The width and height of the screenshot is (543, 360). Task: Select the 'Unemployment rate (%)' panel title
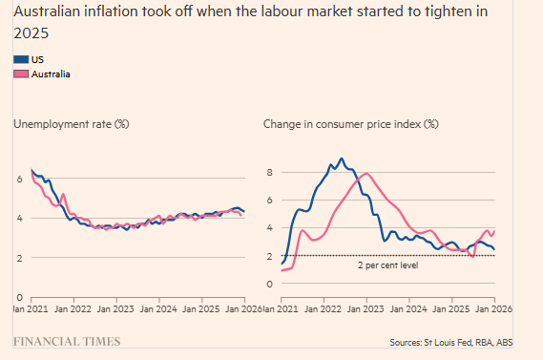coord(71,124)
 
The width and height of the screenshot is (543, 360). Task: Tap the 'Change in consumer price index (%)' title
coord(350,124)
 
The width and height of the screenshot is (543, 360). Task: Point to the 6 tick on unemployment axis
coord(19,179)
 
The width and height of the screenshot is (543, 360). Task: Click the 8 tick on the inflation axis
coord(270,173)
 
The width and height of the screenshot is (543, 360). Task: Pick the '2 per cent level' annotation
coord(386,265)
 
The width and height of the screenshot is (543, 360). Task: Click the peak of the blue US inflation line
coord(341,159)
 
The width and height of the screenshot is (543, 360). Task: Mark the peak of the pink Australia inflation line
coord(365,174)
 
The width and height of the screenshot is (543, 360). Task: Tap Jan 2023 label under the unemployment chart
coord(116,310)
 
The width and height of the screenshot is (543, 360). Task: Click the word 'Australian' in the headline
coord(48,12)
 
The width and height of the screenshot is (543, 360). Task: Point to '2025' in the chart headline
coord(29,32)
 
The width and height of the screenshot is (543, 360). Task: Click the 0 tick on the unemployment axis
coord(19,298)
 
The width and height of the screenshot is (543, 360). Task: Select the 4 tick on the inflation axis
coord(270,228)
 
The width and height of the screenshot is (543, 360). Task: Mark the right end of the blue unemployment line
coord(244,211)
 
